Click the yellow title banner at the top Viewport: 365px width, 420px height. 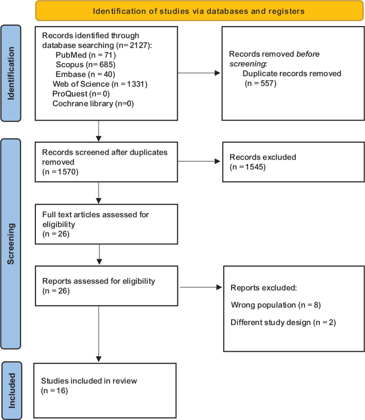(x=199, y=11)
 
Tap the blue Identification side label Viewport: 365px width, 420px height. (x=11, y=73)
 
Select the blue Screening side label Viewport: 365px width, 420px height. (x=11, y=244)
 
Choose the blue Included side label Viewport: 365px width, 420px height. (x=12, y=391)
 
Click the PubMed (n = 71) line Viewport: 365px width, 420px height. (x=86, y=55)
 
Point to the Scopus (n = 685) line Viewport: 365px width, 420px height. (x=85, y=65)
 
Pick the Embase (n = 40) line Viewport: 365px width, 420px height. (x=85, y=74)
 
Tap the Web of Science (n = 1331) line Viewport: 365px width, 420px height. (x=100, y=84)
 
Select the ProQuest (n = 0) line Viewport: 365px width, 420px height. (x=81, y=94)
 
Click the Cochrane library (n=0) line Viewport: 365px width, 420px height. (x=93, y=104)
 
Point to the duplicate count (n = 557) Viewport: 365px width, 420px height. (x=260, y=83)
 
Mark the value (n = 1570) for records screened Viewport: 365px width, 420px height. (x=60, y=171)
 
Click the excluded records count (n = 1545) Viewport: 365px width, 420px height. (x=247, y=167)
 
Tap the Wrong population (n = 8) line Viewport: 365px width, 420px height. (x=276, y=305)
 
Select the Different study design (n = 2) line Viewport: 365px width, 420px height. (x=283, y=322)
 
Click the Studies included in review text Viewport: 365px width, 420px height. (x=89, y=380)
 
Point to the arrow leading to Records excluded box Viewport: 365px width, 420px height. (x=199, y=161)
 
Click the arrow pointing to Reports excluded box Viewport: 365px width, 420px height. (x=201, y=287)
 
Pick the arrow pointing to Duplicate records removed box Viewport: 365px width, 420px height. (x=199, y=73)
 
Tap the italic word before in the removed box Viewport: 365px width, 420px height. (x=308, y=54)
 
